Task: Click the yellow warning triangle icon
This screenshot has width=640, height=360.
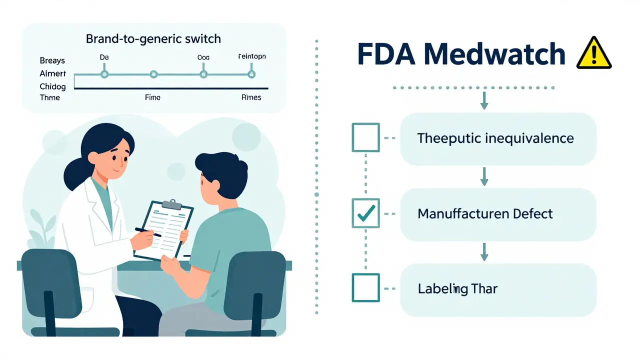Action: click(x=593, y=54)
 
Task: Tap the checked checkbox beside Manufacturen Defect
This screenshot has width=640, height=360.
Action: click(x=365, y=213)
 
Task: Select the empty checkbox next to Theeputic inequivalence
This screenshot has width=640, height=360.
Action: click(x=365, y=137)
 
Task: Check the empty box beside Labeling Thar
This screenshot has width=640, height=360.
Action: click(x=365, y=288)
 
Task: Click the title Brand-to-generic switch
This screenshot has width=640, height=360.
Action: click(x=153, y=38)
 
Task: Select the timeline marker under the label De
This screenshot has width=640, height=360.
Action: click(x=104, y=74)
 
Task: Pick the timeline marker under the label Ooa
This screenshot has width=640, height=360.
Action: click(x=203, y=74)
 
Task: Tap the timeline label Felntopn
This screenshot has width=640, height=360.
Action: click(x=251, y=56)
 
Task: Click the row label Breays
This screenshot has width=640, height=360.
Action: click(x=52, y=60)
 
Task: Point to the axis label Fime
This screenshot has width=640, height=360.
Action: click(x=152, y=97)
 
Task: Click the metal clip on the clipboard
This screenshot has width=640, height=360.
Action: click(x=172, y=204)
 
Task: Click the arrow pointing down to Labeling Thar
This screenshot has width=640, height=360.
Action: click(x=484, y=251)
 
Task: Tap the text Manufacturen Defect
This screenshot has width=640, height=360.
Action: click(x=485, y=214)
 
